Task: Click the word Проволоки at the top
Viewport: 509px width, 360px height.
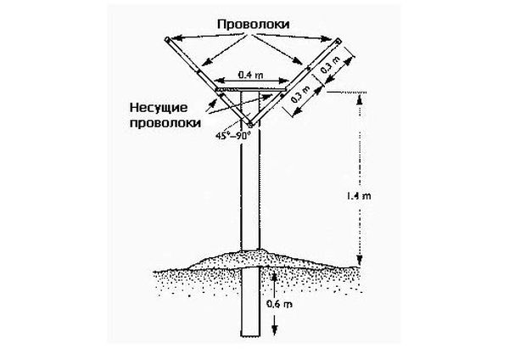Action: (x=251, y=25)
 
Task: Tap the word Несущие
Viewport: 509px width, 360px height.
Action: (x=165, y=107)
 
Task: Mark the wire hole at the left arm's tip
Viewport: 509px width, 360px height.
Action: (x=167, y=39)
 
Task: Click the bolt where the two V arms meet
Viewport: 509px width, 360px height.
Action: (x=251, y=126)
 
